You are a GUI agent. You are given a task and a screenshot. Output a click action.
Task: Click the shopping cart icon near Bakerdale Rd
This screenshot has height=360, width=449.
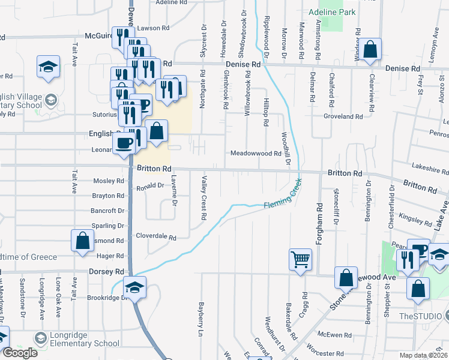point(300,260)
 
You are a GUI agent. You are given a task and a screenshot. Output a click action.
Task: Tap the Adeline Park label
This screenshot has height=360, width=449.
point(332,12)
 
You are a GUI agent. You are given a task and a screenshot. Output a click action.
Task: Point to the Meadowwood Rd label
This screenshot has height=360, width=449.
point(256,154)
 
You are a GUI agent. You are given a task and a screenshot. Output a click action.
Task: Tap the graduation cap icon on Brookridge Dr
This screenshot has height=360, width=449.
point(135,287)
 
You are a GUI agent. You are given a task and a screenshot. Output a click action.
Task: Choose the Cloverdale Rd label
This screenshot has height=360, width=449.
point(155,237)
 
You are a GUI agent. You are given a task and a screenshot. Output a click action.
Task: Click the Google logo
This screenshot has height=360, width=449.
point(20,353)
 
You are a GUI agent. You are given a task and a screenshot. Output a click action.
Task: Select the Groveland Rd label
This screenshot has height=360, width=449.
point(343,116)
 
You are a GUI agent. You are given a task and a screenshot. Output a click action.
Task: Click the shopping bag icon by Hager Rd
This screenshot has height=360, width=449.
point(83,241)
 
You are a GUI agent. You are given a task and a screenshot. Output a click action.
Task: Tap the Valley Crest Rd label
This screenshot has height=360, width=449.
point(204,197)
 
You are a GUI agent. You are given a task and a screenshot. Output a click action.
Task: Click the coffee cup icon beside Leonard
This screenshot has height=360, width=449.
point(124,143)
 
